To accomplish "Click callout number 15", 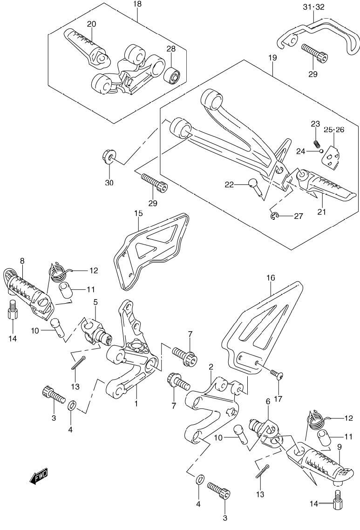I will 138,213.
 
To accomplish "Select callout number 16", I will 271,278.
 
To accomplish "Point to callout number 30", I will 109,183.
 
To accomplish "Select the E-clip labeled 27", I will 274,215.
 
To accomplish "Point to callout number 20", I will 91,24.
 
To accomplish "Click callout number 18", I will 138,4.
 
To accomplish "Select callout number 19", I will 272,58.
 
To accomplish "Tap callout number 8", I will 22,261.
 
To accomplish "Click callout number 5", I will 95,302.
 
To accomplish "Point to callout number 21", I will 321,211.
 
